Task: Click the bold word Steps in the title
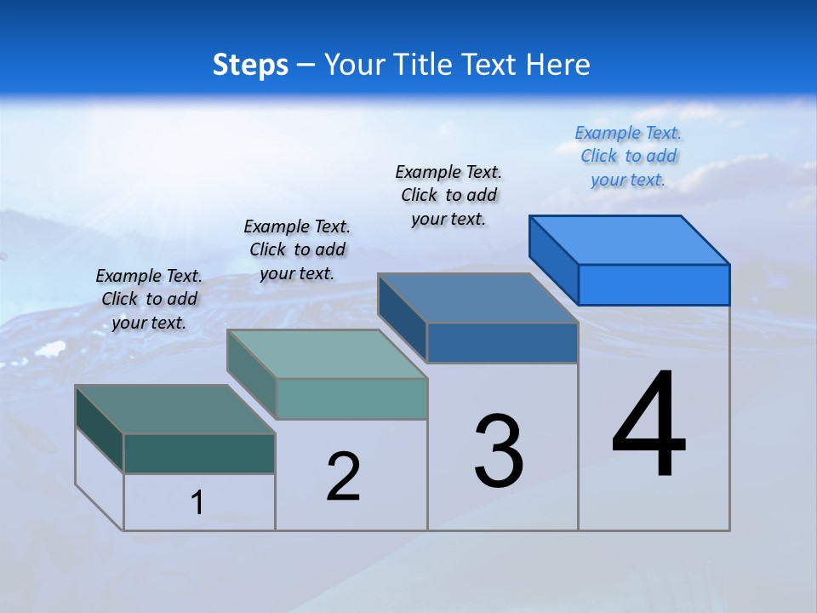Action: click(x=250, y=65)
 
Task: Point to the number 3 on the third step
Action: click(x=499, y=452)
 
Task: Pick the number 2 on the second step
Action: click(x=344, y=476)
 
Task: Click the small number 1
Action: click(x=197, y=502)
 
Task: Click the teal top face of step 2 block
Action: click(x=327, y=354)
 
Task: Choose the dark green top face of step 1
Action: click(x=175, y=410)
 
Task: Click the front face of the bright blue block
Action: click(x=654, y=284)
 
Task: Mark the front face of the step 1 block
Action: click(x=199, y=453)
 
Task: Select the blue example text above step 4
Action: click(x=628, y=157)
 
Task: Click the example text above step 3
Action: click(x=448, y=195)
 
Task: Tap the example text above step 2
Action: click(x=297, y=249)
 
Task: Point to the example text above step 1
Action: click(x=149, y=299)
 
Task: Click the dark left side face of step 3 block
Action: click(x=402, y=318)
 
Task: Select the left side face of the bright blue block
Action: click(x=553, y=259)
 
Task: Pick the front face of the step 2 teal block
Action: click(x=351, y=398)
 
